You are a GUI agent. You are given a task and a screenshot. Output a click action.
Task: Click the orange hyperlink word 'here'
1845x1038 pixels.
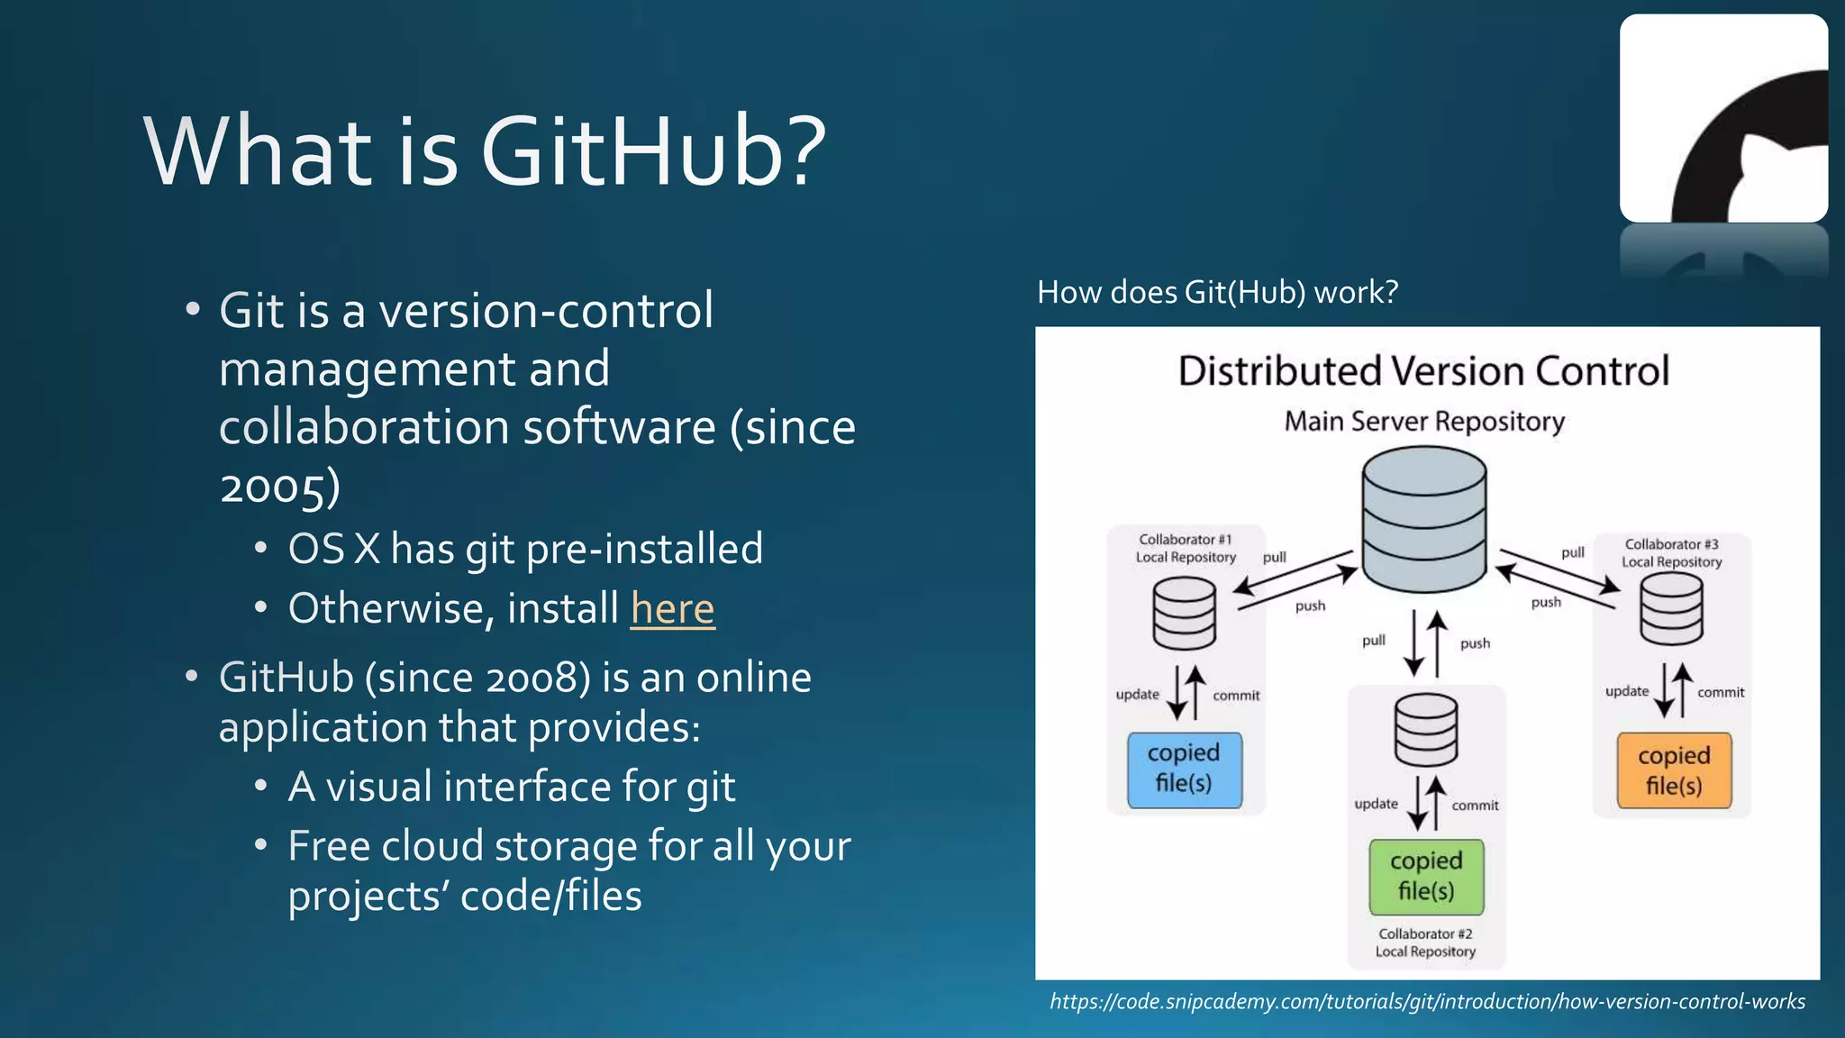pyautogui.click(x=672, y=608)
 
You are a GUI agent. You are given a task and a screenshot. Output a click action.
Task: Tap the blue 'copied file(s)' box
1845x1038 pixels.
pyautogui.click(x=1184, y=769)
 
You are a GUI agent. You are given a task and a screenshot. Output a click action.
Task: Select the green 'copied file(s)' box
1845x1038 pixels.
pyautogui.click(x=1425, y=876)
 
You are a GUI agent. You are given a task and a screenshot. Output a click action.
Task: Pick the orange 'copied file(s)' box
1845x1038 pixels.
pyautogui.click(x=1673, y=771)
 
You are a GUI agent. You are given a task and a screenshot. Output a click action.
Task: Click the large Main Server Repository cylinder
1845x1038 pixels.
pyautogui.click(x=1423, y=520)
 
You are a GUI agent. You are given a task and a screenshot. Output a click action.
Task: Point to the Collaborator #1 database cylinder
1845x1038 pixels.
pyautogui.click(x=1184, y=614)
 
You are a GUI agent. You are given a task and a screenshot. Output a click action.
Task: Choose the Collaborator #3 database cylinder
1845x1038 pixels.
pyautogui.click(x=1671, y=609)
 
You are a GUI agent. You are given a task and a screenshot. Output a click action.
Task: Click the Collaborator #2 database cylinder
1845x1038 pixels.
pyautogui.click(x=1425, y=730)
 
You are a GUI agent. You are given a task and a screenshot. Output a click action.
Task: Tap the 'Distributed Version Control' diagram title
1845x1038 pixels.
pyautogui.click(x=1423, y=371)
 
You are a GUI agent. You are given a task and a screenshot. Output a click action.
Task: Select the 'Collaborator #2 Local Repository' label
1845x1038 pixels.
pyautogui.click(x=1425, y=942)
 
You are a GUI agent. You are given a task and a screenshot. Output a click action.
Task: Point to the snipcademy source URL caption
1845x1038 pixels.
pyautogui.click(x=1427, y=1001)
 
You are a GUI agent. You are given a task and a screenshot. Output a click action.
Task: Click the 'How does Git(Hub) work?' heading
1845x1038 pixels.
pyautogui.click(x=1217, y=292)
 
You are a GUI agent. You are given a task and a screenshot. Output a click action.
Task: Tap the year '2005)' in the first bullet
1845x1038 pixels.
pyautogui.click(x=280, y=487)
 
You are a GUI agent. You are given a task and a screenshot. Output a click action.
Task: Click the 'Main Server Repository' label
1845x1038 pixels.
pyautogui.click(x=1423, y=421)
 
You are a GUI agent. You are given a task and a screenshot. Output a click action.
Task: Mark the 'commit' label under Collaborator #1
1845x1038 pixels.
pyautogui.click(x=1236, y=696)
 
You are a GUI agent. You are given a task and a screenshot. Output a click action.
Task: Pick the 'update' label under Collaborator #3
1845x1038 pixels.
pyautogui.click(x=1626, y=691)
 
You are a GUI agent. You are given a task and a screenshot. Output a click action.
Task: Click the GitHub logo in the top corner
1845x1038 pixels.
pyautogui.click(x=1723, y=118)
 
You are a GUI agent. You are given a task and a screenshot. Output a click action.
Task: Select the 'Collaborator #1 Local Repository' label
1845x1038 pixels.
pyautogui.click(x=1186, y=548)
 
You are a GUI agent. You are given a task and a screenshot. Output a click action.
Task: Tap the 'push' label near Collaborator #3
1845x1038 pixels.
pyautogui.click(x=1546, y=602)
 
